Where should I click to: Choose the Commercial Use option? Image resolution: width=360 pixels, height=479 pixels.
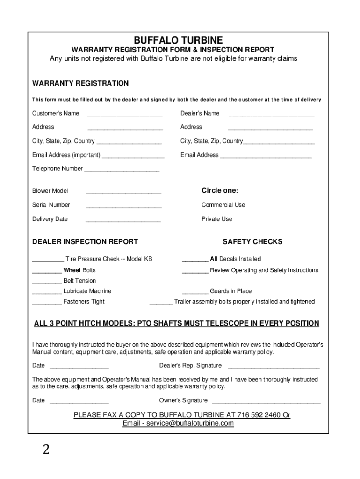(x=223, y=205)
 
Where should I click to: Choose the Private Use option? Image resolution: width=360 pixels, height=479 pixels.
(x=216, y=219)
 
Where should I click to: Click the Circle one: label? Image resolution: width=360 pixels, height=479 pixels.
(x=220, y=191)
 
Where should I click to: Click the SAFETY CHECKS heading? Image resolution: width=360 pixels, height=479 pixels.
(x=252, y=242)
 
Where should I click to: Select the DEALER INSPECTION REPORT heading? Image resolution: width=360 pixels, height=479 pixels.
(x=85, y=242)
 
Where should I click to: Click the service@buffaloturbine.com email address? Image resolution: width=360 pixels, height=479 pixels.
(x=190, y=423)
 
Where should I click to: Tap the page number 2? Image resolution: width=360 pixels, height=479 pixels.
(x=46, y=450)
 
